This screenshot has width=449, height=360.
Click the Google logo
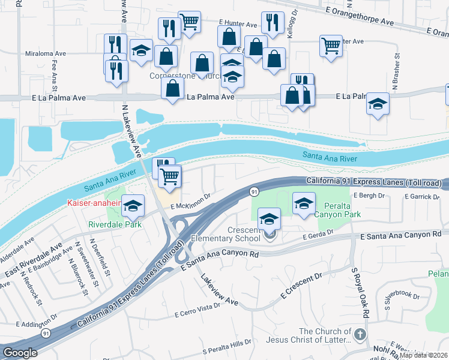pos(20,353)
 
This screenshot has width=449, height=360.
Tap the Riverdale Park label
pos(114,225)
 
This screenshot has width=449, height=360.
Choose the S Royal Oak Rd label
pos(359,293)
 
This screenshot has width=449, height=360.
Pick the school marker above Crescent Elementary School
pos(269,218)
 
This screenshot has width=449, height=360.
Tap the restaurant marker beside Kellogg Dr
pos(273,23)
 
